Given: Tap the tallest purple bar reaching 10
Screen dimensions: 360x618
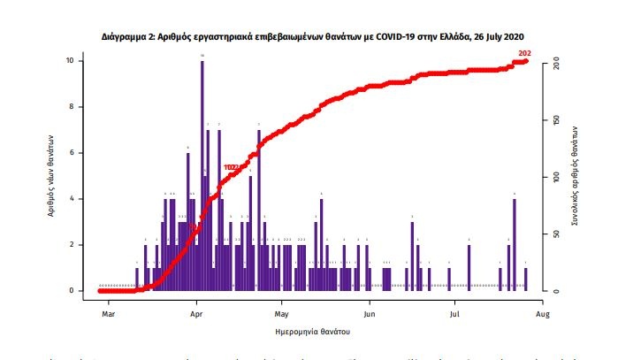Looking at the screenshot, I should click(x=202, y=177).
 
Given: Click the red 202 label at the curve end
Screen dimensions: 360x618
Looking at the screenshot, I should click(x=524, y=54).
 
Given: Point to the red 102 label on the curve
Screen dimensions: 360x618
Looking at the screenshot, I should click(x=232, y=167).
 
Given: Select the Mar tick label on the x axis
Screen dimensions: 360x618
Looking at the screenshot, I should click(x=108, y=313).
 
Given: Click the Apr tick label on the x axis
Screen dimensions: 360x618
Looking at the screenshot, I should click(x=196, y=313).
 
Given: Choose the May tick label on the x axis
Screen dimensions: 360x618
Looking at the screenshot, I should click(x=282, y=313).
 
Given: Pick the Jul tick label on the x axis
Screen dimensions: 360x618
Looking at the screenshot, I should click(x=455, y=313).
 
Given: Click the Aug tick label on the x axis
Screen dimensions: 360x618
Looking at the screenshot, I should click(x=544, y=313).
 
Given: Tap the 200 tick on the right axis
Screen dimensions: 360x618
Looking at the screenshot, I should click(x=555, y=65).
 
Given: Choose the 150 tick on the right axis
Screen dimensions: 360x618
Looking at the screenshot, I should click(x=555, y=121).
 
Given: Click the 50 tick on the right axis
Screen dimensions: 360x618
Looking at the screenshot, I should click(x=555, y=234).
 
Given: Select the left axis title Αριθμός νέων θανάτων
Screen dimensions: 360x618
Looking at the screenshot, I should click(x=53, y=175).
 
